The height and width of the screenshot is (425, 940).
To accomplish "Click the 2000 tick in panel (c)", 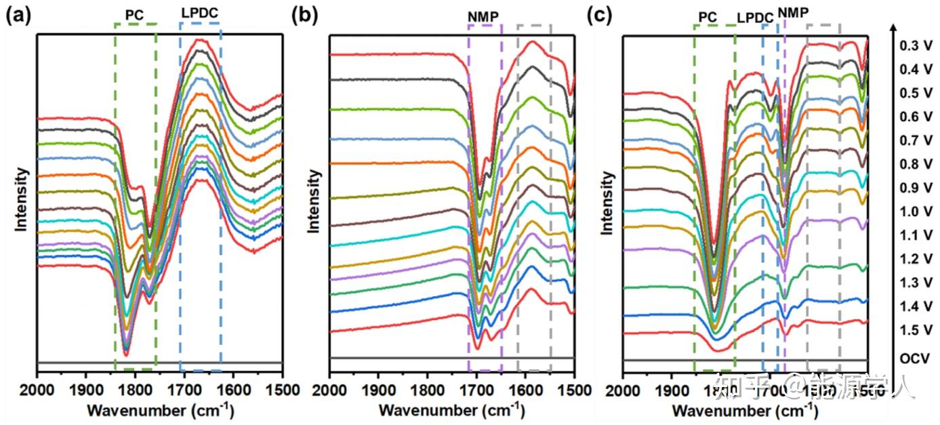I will (624, 390).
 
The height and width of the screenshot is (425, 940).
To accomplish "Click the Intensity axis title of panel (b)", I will (314, 201).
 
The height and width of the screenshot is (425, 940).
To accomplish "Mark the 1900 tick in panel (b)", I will (378, 390).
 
